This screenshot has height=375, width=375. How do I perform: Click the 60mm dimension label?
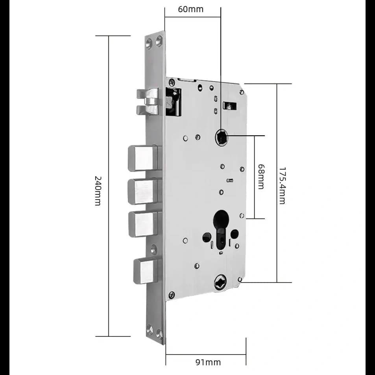(190, 9)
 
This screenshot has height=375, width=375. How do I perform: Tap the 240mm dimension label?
(98, 190)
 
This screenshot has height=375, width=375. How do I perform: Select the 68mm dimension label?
(260, 177)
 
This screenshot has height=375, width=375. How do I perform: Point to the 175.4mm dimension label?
(282, 185)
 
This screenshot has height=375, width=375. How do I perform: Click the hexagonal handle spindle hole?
(221, 137)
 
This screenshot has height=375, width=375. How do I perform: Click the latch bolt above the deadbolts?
(147, 102)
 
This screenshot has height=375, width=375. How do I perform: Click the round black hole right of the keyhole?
(235, 235)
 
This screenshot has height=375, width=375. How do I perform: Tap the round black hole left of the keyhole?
(206, 237)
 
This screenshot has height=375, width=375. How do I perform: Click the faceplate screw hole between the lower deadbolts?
(154, 249)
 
